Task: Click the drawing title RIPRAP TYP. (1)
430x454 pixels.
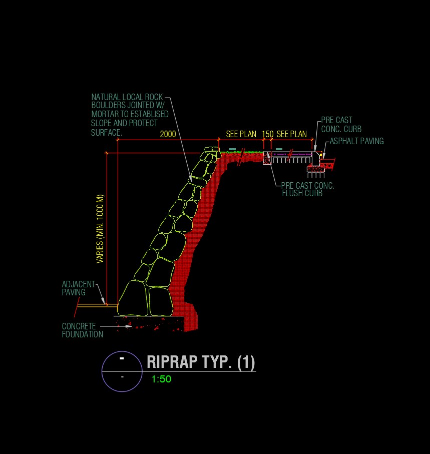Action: pyautogui.click(x=201, y=362)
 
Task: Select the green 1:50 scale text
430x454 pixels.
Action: pyautogui.click(x=161, y=379)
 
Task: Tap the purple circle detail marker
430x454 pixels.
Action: pyautogui.click(x=122, y=371)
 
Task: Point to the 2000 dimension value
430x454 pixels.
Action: pyautogui.click(x=168, y=134)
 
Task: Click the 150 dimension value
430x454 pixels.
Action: pyautogui.click(x=268, y=134)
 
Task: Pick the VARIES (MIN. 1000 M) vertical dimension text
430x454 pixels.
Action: pyautogui.click(x=100, y=228)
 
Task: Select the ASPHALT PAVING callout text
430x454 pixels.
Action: pyautogui.click(x=356, y=141)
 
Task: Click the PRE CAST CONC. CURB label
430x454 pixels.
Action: pyautogui.click(x=341, y=125)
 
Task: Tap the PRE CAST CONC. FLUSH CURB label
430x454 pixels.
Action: pyautogui.click(x=307, y=190)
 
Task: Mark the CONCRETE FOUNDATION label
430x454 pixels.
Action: pyautogui.click(x=82, y=330)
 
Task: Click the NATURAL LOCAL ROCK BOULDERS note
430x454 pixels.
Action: pyautogui.click(x=129, y=115)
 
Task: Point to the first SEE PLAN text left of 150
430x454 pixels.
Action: pyautogui.click(x=241, y=134)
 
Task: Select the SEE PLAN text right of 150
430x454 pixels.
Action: pyautogui.click(x=292, y=134)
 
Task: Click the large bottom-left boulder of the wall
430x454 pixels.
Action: pyautogui.click(x=133, y=299)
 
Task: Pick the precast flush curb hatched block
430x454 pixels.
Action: pyautogui.click(x=267, y=158)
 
